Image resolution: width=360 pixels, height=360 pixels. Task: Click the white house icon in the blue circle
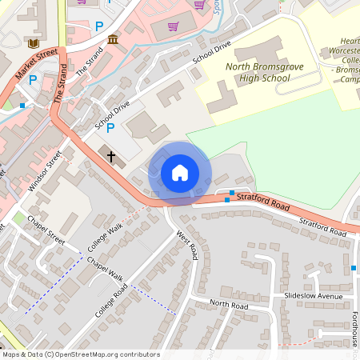(x=180, y=172)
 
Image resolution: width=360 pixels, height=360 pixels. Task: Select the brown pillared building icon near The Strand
(x=113, y=39)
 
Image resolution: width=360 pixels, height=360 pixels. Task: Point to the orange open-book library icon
(x=33, y=42)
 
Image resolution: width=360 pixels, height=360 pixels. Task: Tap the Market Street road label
(x=37, y=63)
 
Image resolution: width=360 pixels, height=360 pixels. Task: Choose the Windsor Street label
(x=45, y=170)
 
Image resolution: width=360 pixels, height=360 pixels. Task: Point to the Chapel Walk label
(x=105, y=269)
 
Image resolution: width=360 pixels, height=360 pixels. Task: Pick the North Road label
(x=229, y=306)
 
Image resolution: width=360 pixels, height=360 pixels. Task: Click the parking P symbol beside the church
(x=110, y=127)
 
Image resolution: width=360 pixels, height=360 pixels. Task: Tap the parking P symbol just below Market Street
(x=33, y=79)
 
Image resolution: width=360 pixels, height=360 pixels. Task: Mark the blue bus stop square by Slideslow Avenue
(x=354, y=267)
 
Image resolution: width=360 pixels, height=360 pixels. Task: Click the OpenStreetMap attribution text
(x=80, y=354)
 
